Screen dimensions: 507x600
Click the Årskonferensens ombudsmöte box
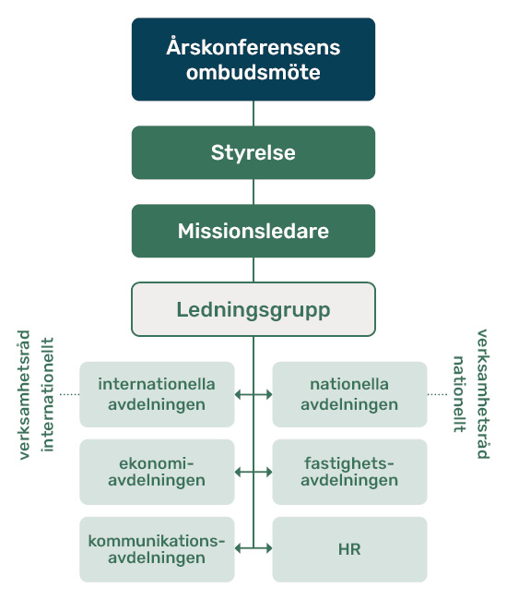pyautogui.click(x=253, y=59)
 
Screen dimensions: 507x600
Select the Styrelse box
pyautogui.click(x=253, y=152)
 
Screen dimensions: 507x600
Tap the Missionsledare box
pyautogui.click(x=253, y=231)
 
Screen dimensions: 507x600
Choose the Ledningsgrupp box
pyautogui.click(x=253, y=309)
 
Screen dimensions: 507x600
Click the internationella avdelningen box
pyautogui.click(x=157, y=394)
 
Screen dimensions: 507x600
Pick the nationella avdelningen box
pyautogui.click(x=349, y=394)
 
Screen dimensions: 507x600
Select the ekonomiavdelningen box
pyautogui.click(x=157, y=472)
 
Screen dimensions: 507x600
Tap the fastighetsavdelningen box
pyautogui.click(x=349, y=472)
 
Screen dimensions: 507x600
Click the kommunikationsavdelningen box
pyautogui.click(x=157, y=549)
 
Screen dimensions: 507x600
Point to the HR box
pyautogui.click(x=349, y=549)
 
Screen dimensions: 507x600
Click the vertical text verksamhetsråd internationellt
pyautogui.click(x=36, y=394)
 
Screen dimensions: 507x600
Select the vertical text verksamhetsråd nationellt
pyautogui.click(x=471, y=393)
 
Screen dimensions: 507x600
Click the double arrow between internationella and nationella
pyautogui.click(x=253, y=394)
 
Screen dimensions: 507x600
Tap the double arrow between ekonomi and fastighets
pyautogui.click(x=253, y=472)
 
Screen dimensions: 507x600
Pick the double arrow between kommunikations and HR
pyautogui.click(x=253, y=548)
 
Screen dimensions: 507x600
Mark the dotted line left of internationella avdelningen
pyautogui.click(x=69, y=394)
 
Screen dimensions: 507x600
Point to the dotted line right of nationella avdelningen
pyautogui.click(x=437, y=394)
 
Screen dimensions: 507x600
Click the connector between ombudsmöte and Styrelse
pyautogui.click(x=253, y=114)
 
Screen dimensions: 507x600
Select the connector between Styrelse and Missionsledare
pyautogui.click(x=253, y=192)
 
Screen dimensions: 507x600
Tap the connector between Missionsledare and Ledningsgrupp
pyautogui.click(x=253, y=270)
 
